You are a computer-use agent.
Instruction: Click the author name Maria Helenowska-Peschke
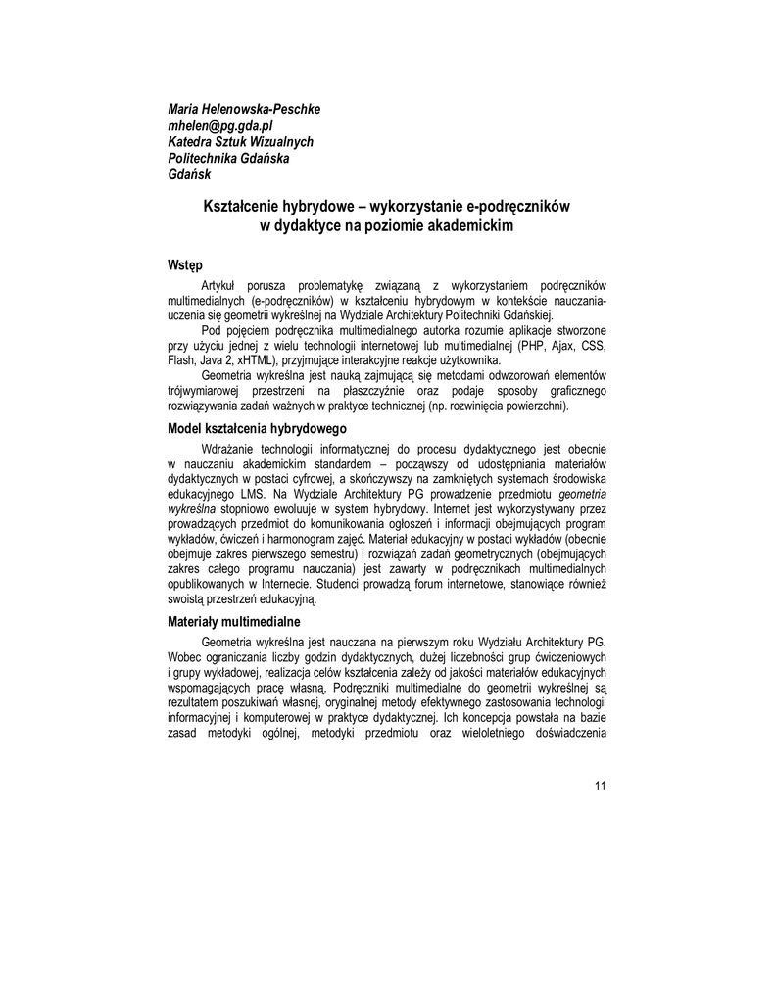(x=244, y=108)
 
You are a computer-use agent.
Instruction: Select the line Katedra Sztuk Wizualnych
(x=240, y=141)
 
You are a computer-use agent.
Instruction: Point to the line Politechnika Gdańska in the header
(x=228, y=158)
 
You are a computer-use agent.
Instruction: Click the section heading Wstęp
(x=185, y=264)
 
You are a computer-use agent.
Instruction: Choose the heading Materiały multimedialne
(x=234, y=621)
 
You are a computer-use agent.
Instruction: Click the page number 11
(x=601, y=786)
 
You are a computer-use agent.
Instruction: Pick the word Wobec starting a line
(x=186, y=657)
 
